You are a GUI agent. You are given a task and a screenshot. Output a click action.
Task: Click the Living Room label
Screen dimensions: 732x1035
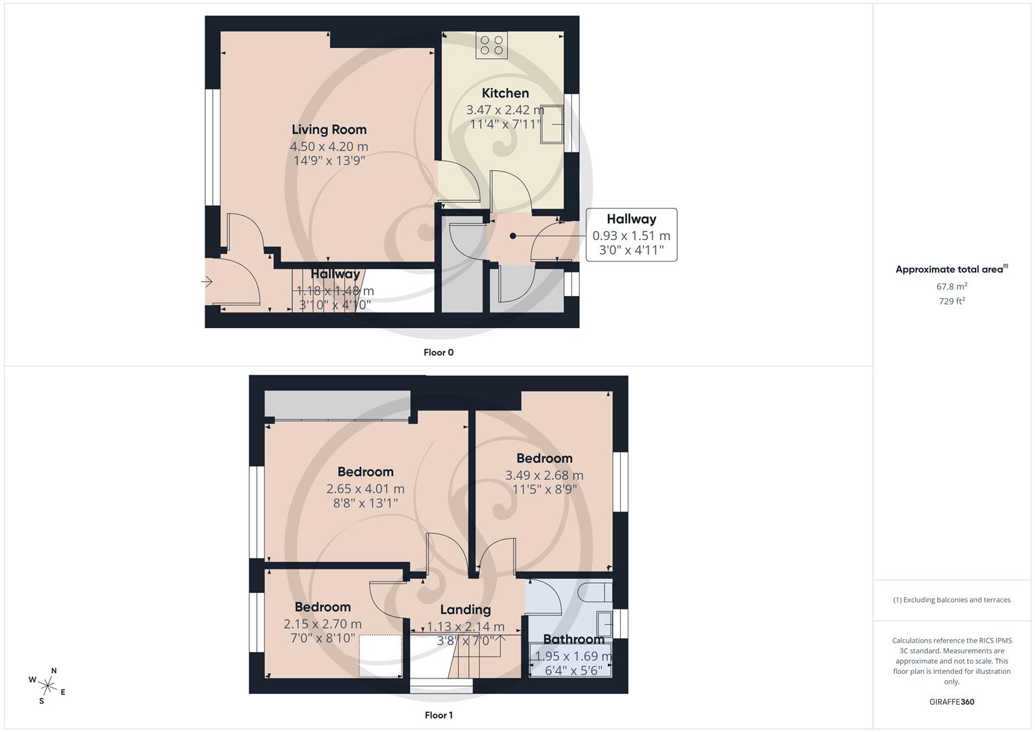[329, 129]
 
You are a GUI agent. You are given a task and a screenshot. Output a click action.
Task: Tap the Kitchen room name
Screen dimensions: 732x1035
[505, 93]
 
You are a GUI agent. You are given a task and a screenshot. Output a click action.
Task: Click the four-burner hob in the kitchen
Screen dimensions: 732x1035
[491, 45]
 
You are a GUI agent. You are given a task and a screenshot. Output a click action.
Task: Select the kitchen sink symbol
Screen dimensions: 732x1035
[552, 125]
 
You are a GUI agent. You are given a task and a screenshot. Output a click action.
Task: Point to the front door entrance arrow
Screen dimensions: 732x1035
[207, 282]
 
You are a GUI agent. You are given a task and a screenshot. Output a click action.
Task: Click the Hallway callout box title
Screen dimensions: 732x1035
[631, 219]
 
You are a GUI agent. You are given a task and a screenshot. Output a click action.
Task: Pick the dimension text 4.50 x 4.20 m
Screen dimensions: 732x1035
[329, 146]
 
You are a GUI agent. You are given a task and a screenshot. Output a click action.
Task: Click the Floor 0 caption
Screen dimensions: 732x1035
[438, 352]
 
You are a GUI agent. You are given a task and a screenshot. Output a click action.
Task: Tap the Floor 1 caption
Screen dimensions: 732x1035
[438, 715]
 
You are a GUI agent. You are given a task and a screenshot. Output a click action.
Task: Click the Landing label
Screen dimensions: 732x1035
[465, 609]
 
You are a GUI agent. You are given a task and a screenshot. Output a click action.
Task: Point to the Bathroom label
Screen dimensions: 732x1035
[573, 639]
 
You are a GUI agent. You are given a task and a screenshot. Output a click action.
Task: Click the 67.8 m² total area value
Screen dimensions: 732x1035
[952, 287]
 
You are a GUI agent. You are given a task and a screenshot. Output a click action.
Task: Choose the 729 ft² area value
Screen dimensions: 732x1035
[952, 302]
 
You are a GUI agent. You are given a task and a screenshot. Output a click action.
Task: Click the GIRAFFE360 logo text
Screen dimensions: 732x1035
[952, 701]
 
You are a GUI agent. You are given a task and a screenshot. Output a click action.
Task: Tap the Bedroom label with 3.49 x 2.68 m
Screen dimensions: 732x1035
[544, 458]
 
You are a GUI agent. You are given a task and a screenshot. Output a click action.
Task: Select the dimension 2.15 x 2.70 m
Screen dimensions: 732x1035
[322, 624]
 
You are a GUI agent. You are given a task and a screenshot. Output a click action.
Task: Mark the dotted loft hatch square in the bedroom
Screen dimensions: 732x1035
[381, 655]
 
